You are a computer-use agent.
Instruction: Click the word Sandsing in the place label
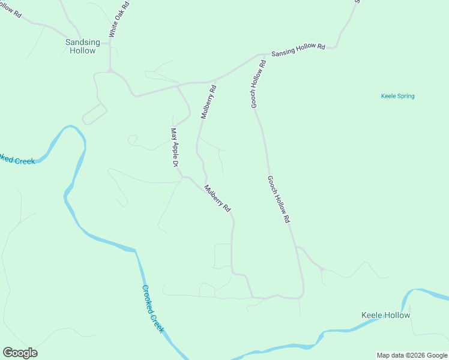pyautogui.click(x=82, y=42)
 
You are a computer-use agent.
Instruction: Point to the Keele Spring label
pyautogui.click(x=397, y=96)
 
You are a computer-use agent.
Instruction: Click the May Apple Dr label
pyautogui.click(x=175, y=147)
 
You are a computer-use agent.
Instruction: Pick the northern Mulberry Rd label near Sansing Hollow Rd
pyautogui.click(x=208, y=102)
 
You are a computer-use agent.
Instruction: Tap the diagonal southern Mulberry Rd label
pyautogui.click(x=217, y=199)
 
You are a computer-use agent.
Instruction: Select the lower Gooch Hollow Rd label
pyautogui.click(x=279, y=200)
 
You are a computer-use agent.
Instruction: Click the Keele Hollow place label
pyautogui.click(x=385, y=315)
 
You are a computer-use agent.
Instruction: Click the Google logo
pyautogui.click(x=20, y=353)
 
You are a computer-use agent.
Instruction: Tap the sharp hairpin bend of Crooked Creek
pyautogui.click(x=71, y=127)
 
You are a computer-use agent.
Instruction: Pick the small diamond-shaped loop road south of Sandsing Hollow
pyautogui.click(x=94, y=113)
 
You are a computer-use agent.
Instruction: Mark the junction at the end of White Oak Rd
pyautogui.click(x=110, y=71)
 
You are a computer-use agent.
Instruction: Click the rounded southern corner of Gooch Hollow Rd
pyautogui.click(x=301, y=295)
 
